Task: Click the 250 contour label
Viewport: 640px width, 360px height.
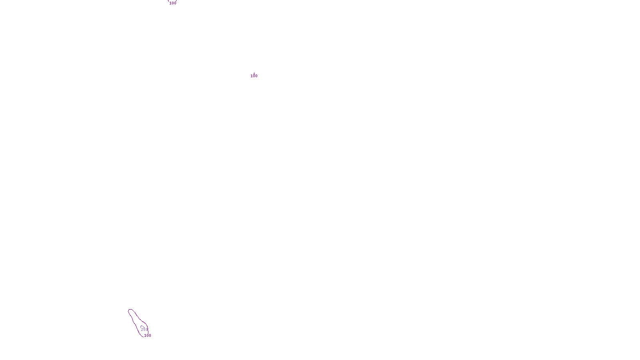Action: tap(144, 330)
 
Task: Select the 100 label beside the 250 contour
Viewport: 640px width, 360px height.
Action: tap(148, 336)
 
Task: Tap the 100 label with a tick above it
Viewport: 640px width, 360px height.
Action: tap(254, 76)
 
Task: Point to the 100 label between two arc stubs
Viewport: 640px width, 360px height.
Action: tap(172, 3)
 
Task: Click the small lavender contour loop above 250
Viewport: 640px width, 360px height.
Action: tap(142, 326)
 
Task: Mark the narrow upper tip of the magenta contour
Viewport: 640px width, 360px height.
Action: tap(130, 310)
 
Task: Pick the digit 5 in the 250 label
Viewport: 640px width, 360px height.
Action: tap(144, 330)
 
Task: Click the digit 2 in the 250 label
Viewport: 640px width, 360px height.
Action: tap(142, 330)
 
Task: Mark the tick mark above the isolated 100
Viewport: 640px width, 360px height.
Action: tap(254, 73)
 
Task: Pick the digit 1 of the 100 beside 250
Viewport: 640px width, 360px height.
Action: tap(145, 336)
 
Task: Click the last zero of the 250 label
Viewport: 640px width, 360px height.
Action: tap(147, 330)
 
